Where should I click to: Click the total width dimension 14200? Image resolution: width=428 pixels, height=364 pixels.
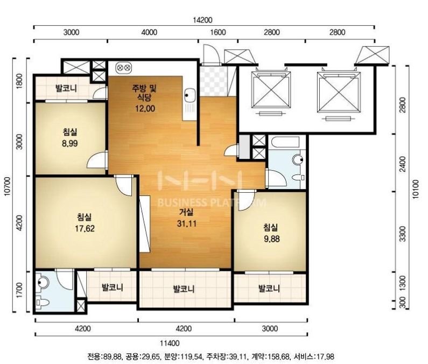tap(202, 20)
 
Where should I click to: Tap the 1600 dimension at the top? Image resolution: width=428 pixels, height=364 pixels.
tap(219, 32)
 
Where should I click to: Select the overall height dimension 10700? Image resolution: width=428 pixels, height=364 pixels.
tap(8, 186)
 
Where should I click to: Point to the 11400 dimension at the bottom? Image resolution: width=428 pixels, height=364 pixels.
tap(170, 343)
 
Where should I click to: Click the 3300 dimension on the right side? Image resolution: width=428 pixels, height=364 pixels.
tap(402, 234)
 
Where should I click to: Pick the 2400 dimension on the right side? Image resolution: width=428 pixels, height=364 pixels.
tap(402, 164)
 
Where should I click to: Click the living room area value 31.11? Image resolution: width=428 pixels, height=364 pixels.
tap(187, 223)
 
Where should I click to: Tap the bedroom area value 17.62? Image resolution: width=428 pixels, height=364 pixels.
tap(85, 228)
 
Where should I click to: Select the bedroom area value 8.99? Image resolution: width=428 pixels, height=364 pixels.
tap(70, 143)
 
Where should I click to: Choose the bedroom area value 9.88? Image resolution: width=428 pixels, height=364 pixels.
tap(271, 239)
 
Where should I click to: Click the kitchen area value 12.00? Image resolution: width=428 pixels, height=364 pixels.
tap(145, 109)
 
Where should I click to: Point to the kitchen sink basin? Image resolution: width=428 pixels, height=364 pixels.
tap(190, 95)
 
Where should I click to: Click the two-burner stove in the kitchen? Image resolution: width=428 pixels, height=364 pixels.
tap(124, 67)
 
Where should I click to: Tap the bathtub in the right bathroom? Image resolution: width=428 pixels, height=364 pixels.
tap(284, 143)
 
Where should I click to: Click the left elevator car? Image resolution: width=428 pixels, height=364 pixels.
tap(271, 90)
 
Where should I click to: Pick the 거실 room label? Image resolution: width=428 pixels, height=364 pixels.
tap(186, 212)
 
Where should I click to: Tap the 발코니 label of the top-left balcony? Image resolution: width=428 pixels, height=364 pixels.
tap(66, 88)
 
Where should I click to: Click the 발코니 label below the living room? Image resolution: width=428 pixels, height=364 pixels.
tap(184, 289)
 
